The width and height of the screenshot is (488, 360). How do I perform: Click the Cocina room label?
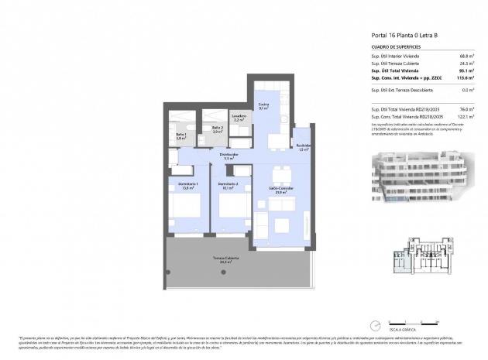coord(263,105)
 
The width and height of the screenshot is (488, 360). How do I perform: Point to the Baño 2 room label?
coord(218,129)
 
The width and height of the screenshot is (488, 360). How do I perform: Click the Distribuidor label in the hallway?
coord(229,156)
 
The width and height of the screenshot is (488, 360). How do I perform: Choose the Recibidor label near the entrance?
coord(303,147)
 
